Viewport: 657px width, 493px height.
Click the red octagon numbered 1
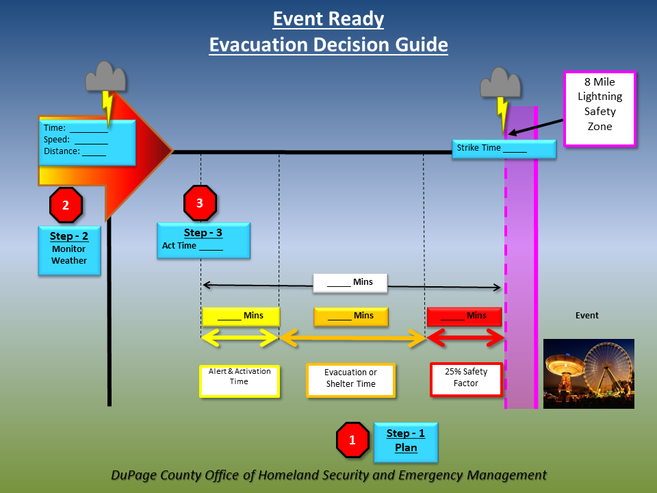click(352, 440)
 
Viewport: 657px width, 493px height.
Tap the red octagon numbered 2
click(66, 205)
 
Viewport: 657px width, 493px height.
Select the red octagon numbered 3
click(200, 203)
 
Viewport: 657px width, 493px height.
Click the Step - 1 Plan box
click(405, 442)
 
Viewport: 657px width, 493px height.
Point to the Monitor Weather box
click(69, 251)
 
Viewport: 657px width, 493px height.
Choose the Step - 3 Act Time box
click(203, 240)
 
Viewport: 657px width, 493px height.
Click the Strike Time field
click(504, 148)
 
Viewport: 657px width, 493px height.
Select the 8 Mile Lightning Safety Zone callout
click(600, 109)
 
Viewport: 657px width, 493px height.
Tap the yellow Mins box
click(241, 316)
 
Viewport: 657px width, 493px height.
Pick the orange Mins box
click(350, 316)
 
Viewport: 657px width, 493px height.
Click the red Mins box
click(464, 316)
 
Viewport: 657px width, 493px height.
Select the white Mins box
click(350, 282)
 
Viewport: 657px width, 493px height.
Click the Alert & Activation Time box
click(239, 381)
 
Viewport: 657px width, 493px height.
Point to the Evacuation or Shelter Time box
click(350, 380)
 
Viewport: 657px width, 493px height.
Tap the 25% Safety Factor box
click(466, 379)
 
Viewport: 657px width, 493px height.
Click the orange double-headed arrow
click(352, 338)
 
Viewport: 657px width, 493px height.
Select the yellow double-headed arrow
click(240, 338)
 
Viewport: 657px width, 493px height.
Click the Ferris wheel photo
click(589, 374)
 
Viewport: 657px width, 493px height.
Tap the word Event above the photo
click(587, 316)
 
